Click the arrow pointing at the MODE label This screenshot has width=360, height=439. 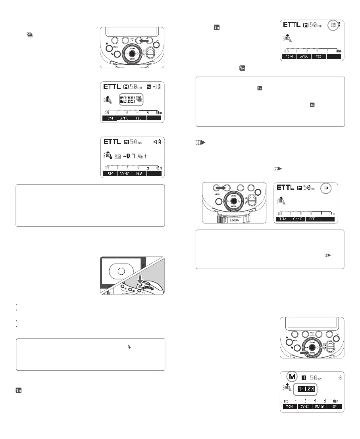(x=304, y=352)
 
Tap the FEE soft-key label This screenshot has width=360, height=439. (x=312, y=219)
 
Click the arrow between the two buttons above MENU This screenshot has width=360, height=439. (x=221, y=188)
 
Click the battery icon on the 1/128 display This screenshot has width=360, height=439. (x=339, y=377)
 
